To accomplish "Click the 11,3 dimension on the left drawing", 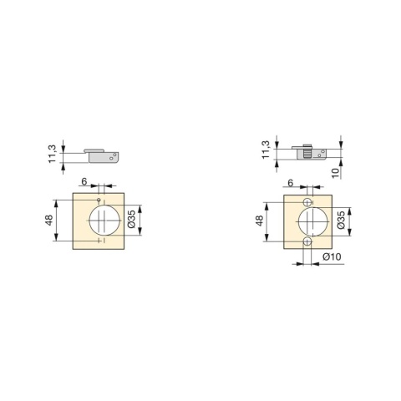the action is [53, 154].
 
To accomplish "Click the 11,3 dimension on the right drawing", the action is [266, 150].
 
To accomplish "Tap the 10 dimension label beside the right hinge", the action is [336, 173].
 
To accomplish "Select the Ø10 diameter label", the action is [332, 256].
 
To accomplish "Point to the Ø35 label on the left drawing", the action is [132, 219].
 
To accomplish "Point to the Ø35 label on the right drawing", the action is [341, 220].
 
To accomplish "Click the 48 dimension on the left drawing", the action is [49, 220].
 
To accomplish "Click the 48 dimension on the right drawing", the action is [260, 221].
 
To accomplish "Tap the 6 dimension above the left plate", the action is [84, 181].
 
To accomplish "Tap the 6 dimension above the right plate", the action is [291, 183].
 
